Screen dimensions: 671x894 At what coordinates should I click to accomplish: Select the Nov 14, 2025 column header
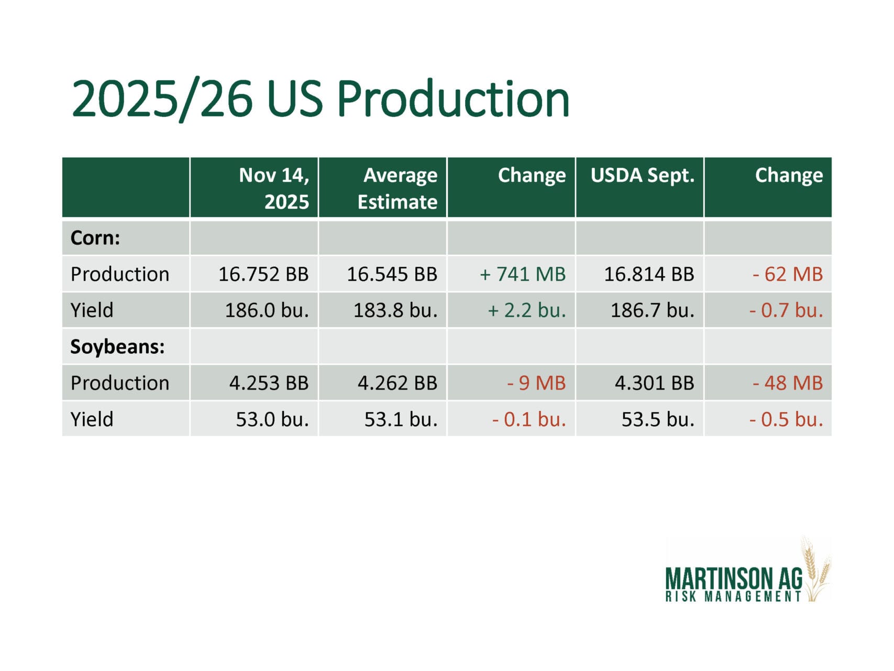(x=274, y=188)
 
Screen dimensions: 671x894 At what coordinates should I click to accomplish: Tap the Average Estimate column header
(x=398, y=188)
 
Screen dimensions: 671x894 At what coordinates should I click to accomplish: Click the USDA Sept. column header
(x=642, y=176)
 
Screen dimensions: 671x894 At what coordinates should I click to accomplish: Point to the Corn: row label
(x=95, y=238)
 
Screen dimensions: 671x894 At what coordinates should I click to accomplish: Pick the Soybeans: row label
(x=117, y=347)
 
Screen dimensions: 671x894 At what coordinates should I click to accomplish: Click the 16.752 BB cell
(x=263, y=274)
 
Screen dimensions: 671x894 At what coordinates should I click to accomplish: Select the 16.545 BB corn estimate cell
(x=392, y=274)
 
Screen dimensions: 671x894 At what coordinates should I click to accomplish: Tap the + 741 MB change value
(x=523, y=274)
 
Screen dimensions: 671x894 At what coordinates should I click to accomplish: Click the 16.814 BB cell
(x=649, y=274)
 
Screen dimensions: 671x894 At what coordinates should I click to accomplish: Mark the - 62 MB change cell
(x=788, y=274)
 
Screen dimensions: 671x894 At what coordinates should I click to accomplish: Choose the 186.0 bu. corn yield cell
(x=267, y=310)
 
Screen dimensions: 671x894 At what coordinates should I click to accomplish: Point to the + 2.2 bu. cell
(x=527, y=310)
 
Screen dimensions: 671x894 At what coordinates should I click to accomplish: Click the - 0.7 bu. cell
(x=786, y=310)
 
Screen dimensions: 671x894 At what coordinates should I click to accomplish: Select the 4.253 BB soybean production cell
(x=269, y=383)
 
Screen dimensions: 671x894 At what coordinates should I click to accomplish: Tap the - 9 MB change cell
(x=536, y=383)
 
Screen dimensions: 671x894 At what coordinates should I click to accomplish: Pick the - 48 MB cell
(x=788, y=383)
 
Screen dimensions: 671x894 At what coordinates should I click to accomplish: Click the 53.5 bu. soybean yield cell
(x=658, y=419)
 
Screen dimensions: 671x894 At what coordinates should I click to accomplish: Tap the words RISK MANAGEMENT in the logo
(x=733, y=597)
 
